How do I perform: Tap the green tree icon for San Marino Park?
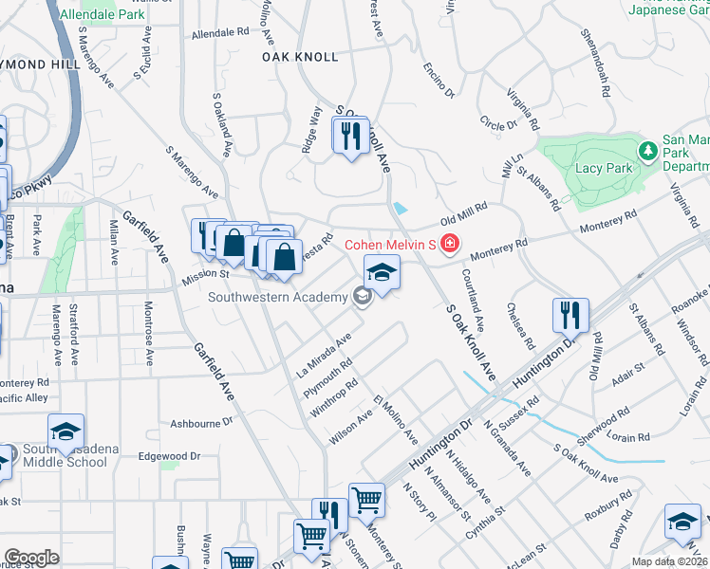(647, 151)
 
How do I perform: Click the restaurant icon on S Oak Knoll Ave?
(351, 137)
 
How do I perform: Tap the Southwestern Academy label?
(278, 298)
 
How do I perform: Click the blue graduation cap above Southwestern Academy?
(382, 273)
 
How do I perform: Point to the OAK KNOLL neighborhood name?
(300, 57)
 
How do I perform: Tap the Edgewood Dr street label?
(169, 455)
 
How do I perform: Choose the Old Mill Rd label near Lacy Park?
(463, 207)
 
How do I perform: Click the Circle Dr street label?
(497, 123)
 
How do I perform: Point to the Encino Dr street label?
(440, 82)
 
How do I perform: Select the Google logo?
(31, 558)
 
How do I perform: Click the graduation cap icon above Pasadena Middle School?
(66, 431)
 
